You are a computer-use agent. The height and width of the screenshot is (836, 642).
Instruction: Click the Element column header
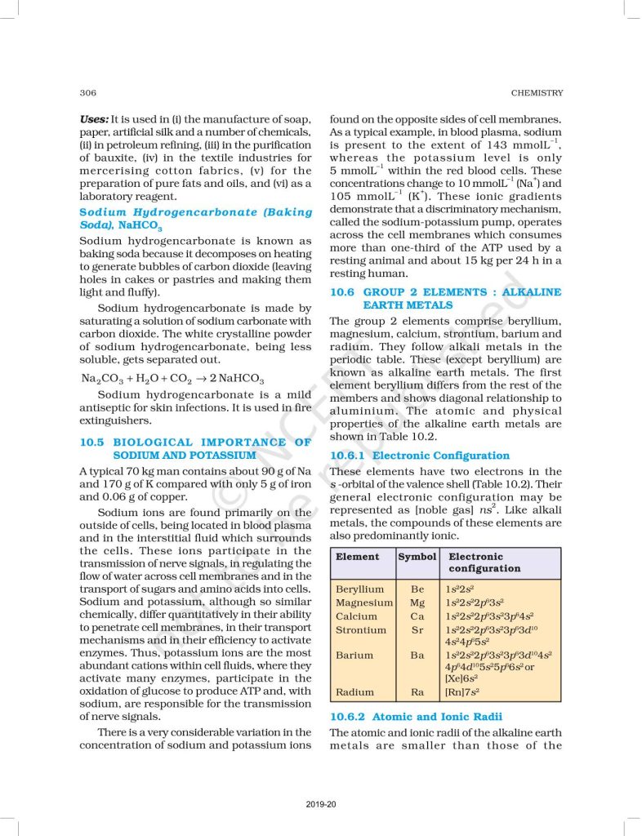point(358,556)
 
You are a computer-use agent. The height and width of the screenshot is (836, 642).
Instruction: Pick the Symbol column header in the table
point(417,556)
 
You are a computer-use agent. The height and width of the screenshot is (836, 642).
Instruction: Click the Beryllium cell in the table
point(359,589)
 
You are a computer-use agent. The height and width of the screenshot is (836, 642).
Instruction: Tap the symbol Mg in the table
point(417,603)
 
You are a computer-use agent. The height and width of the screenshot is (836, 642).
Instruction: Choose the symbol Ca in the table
point(417,616)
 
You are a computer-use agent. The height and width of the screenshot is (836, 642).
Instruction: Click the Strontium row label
point(361,630)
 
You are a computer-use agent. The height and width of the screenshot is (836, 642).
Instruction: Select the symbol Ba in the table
point(417,655)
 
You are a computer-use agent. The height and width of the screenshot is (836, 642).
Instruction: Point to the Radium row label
point(354,692)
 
